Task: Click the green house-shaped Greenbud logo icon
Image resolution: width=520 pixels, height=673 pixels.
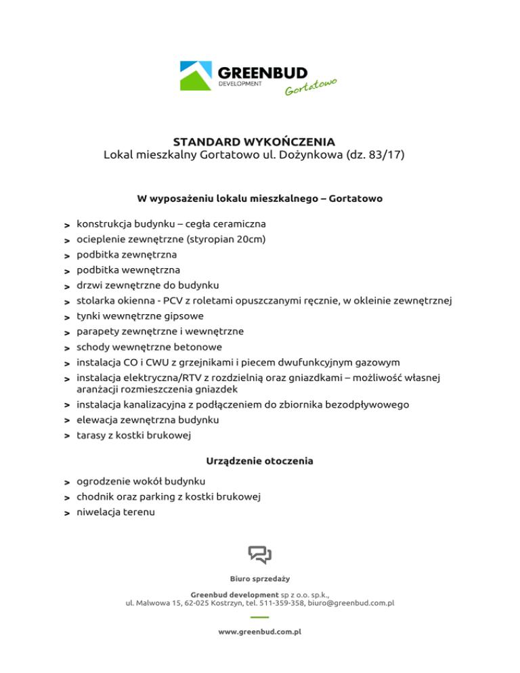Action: point(196,76)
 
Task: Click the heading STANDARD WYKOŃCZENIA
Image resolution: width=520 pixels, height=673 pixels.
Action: point(254,142)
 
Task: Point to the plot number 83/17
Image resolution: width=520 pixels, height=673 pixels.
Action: point(383,155)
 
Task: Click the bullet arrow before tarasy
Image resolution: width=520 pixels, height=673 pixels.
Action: point(68,435)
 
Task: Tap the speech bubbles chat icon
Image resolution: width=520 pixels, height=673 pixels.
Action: point(260,555)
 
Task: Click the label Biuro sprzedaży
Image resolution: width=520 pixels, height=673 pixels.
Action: point(260,580)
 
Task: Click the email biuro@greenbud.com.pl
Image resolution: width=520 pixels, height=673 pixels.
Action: point(351,603)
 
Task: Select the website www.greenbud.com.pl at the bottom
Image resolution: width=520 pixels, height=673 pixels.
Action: point(260,630)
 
